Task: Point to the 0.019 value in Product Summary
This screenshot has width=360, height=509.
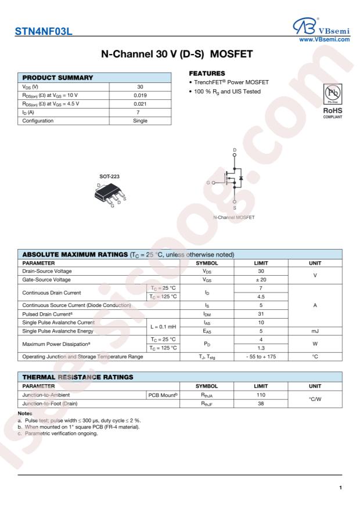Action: coord(140,95)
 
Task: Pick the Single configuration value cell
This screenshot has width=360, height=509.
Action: coord(140,121)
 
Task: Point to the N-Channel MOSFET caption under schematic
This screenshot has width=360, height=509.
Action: coord(234,217)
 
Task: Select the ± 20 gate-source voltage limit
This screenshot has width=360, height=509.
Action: coord(261,280)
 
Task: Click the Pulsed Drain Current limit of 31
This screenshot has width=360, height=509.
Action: coord(261,314)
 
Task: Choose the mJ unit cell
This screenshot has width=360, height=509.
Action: coord(314,331)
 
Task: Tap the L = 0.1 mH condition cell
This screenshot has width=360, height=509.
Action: coord(163,327)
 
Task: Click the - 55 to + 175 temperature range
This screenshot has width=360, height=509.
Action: coord(261,356)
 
